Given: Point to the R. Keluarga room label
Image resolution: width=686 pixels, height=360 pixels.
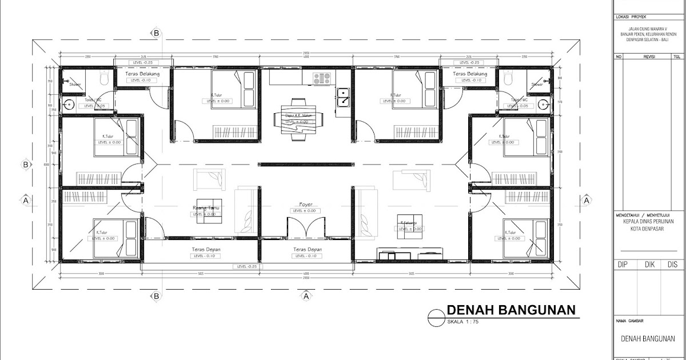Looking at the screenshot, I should [x=408, y=222].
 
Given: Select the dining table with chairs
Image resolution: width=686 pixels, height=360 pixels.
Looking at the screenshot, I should [x=298, y=119].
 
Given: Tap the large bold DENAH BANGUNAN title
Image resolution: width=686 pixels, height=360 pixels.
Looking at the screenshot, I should [x=510, y=310].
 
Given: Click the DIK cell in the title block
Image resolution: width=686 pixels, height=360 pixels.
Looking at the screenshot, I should [x=649, y=265].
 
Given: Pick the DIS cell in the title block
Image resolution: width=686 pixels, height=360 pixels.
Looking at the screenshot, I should [x=672, y=265].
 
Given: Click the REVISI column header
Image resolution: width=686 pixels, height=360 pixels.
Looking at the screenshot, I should [x=649, y=57].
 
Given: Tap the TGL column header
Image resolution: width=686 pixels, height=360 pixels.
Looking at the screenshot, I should [x=677, y=57].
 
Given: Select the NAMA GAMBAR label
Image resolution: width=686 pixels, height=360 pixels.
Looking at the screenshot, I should [x=629, y=321].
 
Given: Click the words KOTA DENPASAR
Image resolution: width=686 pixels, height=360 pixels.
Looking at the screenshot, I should [x=648, y=229].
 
